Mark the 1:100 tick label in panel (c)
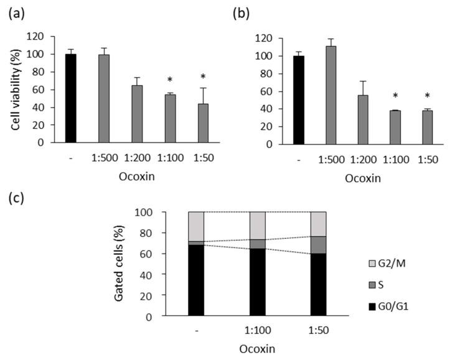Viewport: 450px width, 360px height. pyautogui.click(x=258, y=331)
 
